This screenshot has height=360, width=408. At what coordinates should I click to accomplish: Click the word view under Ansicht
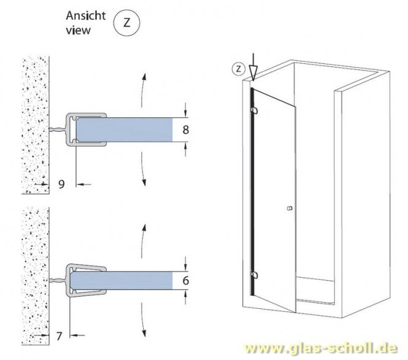80,29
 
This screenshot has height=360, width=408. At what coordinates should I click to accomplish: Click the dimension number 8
185,130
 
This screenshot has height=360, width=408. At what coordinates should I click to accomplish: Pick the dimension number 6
185,281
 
